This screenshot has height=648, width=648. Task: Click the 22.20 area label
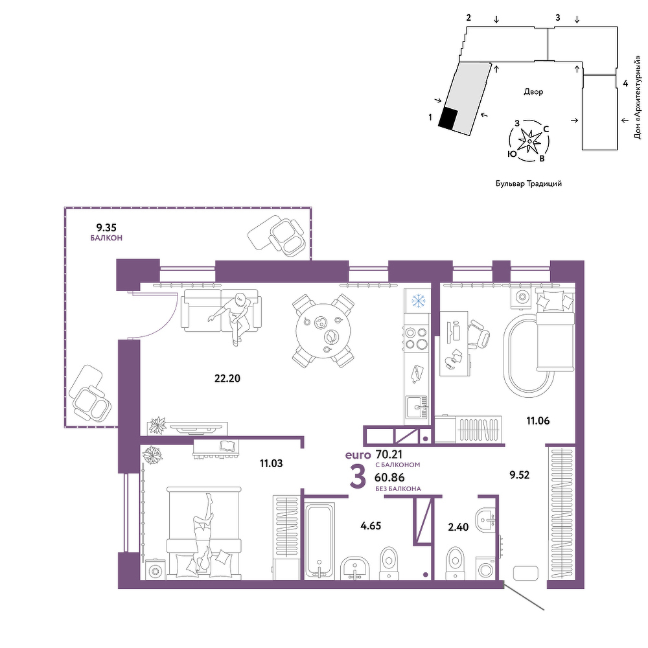tap(227, 378)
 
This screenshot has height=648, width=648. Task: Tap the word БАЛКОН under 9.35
tap(106, 238)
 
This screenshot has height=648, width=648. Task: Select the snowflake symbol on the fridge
tap(418, 301)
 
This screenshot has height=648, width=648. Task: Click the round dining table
tap(323, 330)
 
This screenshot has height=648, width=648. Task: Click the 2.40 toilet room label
tap(458, 527)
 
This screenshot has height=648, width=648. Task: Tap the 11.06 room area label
tap(538, 421)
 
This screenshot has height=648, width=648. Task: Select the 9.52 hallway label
tap(520, 475)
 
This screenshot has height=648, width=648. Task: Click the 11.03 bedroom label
tap(271, 463)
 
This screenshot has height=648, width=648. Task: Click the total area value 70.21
tap(389, 455)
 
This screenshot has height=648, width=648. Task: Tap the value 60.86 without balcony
tap(389, 478)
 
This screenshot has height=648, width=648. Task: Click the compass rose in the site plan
tap(529, 141)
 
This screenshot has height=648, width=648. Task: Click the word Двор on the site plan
tap(533, 91)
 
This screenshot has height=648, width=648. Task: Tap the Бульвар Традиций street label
tap(529, 183)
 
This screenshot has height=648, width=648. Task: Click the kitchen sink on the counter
tap(417, 408)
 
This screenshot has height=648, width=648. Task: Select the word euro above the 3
tap(358, 456)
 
